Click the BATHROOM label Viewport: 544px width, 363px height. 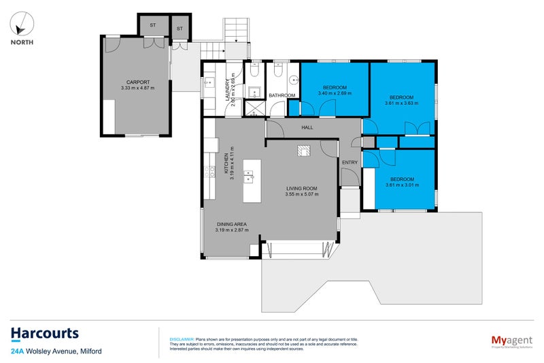[282, 95]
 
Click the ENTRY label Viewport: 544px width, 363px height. [350, 162]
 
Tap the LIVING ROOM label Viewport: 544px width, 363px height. [302, 188]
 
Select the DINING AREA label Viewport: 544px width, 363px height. [232, 223]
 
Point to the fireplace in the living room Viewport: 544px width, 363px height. [303, 151]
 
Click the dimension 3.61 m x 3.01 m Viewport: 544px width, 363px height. [400, 185]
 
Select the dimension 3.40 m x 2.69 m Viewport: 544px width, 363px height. [335, 94]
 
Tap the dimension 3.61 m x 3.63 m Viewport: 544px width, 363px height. [401, 104]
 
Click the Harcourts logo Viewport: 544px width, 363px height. [44, 334]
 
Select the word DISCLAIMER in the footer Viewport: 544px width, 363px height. [182, 338]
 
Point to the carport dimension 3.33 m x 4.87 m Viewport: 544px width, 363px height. [137, 88]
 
